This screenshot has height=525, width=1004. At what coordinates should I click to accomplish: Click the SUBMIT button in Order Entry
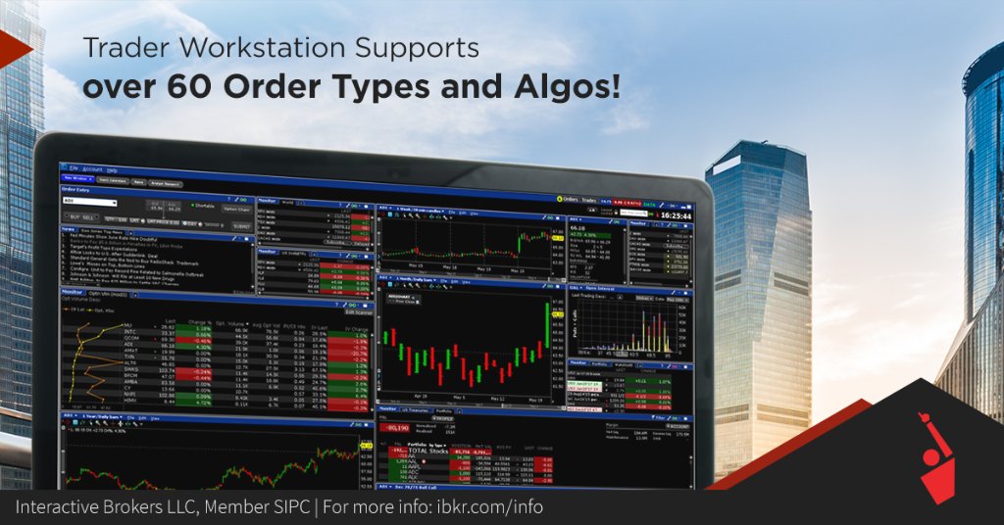point(241,226)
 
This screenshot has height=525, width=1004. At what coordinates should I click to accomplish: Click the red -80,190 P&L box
point(397,429)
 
